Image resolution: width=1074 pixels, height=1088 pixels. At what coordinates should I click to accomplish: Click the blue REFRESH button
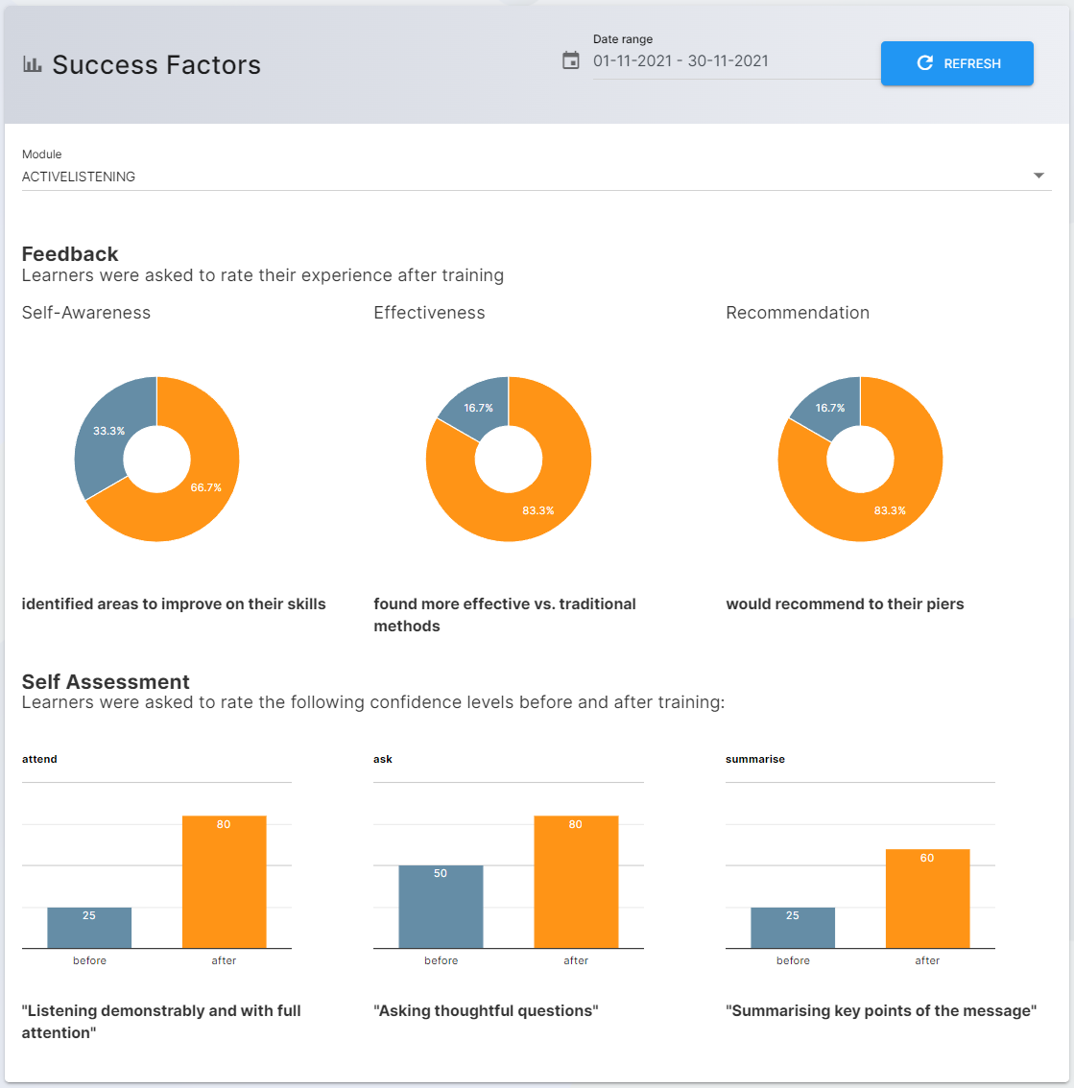pos(957,63)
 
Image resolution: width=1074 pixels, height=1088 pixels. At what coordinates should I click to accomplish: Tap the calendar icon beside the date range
pos(571,60)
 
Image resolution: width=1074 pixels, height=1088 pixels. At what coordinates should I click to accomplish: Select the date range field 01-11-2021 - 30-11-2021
pos(680,60)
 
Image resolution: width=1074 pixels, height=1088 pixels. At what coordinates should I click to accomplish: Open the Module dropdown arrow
pos(1038,176)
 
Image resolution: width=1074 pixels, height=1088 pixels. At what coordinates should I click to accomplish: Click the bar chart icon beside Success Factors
pos(33,64)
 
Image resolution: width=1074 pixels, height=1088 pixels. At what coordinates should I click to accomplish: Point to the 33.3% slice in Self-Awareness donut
pos(103,437)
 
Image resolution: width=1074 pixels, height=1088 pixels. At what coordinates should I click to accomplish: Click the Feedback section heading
pos(70,254)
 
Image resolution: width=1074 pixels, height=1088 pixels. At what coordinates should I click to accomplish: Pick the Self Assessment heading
pos(106,682)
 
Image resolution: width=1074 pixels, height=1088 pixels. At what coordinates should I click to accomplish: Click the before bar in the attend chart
pos(89,928)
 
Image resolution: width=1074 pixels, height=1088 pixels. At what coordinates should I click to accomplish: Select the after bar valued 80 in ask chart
pos(576,882)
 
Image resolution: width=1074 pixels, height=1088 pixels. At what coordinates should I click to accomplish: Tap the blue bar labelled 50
pos(441,907)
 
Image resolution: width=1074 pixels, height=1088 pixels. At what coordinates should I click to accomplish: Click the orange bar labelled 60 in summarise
pos(927,899)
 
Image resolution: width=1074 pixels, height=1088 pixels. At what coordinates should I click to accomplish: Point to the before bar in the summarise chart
pos(793,928)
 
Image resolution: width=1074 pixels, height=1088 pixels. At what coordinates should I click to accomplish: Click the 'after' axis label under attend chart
pos(224,960)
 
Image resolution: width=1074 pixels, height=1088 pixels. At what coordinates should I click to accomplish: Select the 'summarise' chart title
pos(755,759)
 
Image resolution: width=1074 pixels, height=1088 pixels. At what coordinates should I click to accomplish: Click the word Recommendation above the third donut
pos(798,313)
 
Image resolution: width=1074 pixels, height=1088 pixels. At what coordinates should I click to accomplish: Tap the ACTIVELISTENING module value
pos(79,177)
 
